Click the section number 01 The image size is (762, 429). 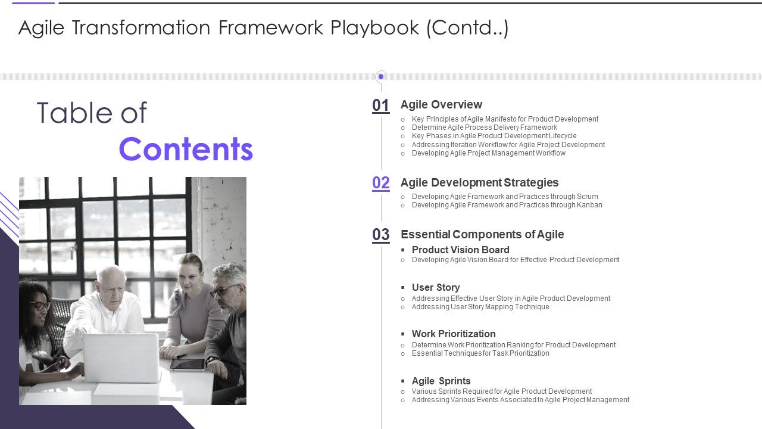tap(381, 105)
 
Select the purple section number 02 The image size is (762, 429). tap(381, 183)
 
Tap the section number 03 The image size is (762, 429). tap(381, 235)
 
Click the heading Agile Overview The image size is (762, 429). tap(441, 105)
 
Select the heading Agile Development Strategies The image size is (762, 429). tap(479, 183)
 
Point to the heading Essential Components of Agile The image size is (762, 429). tap(482, 235)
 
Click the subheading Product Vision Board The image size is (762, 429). tap(460, 250)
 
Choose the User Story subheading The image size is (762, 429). tap(436, 288)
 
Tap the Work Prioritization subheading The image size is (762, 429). tap(454, 334)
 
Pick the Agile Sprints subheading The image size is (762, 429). tap(441, 381)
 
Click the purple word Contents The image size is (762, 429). tap(186, 150)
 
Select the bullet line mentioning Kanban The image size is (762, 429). tap(507, 205)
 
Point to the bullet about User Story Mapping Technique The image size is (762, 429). tap(480, 307)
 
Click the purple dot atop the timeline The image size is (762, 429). tap(381, 76)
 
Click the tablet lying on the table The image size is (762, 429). tap(187, 363)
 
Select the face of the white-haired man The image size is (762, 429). tap(111, 287)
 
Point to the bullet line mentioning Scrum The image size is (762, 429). tap(505, 197)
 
